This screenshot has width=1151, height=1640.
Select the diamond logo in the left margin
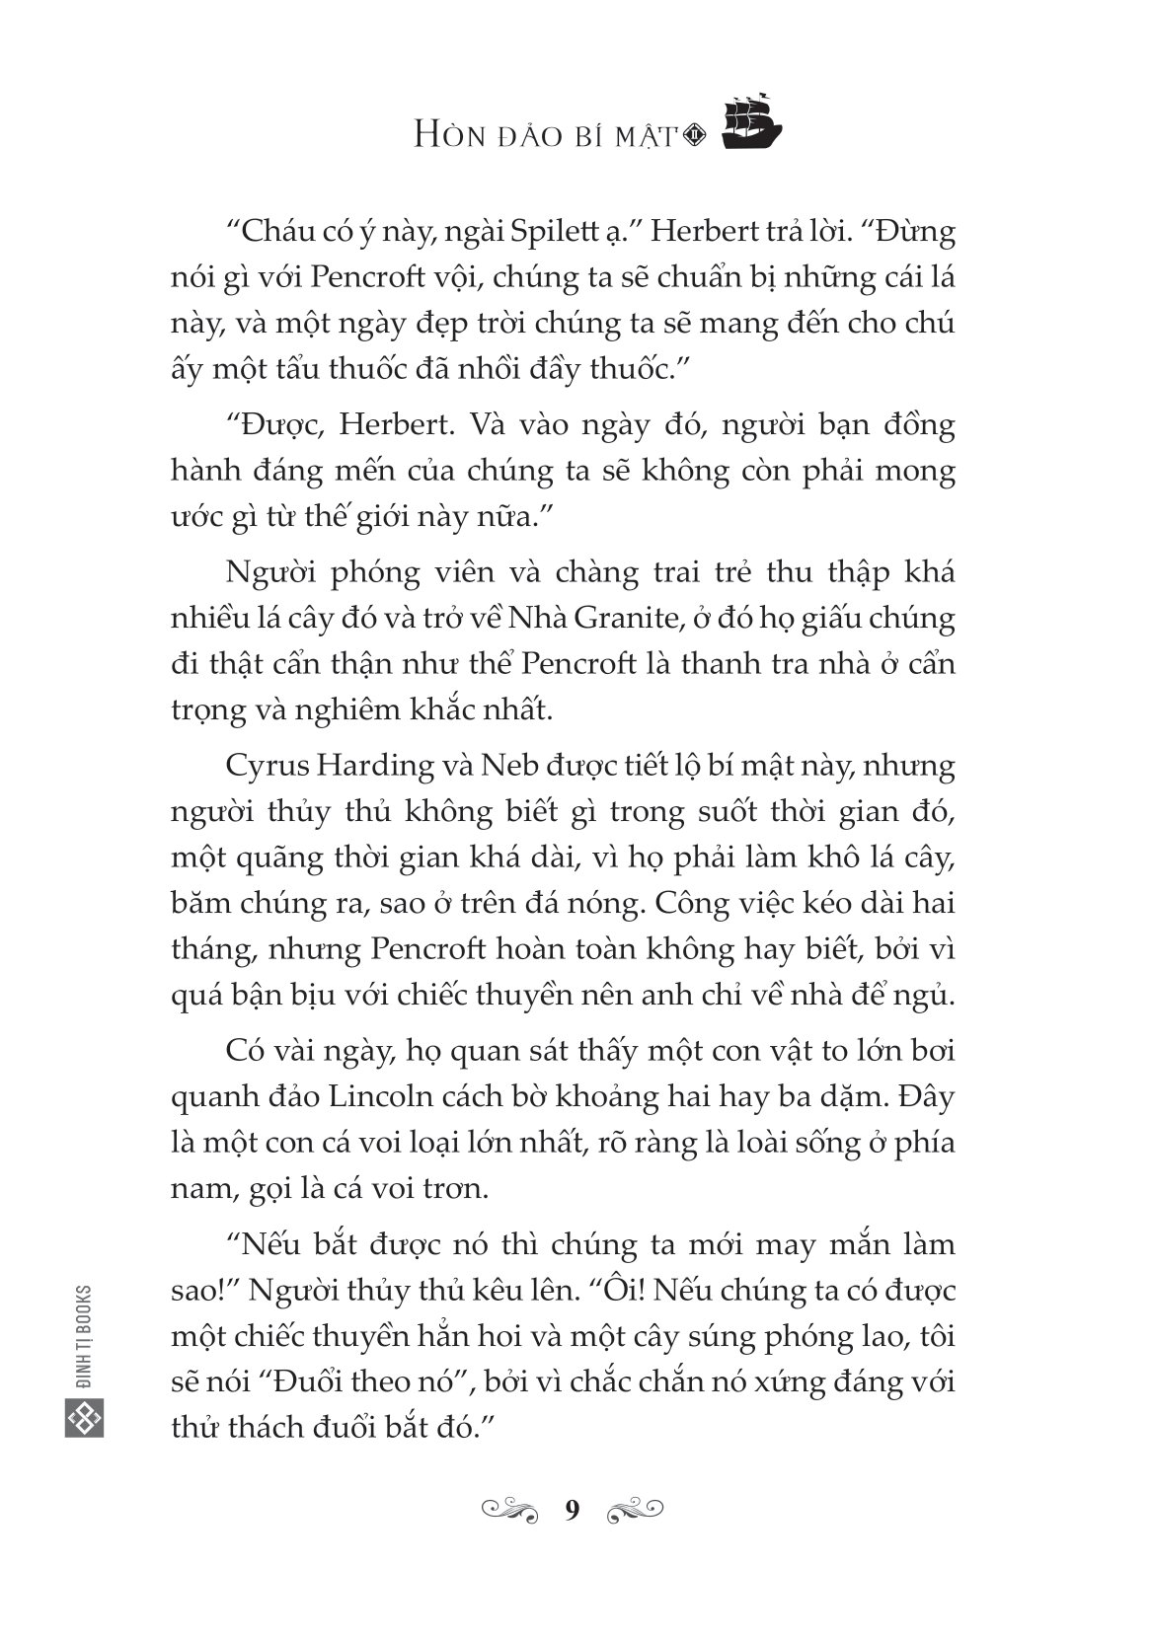(85, 1419)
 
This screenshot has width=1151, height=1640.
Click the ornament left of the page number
(509, 1509)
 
